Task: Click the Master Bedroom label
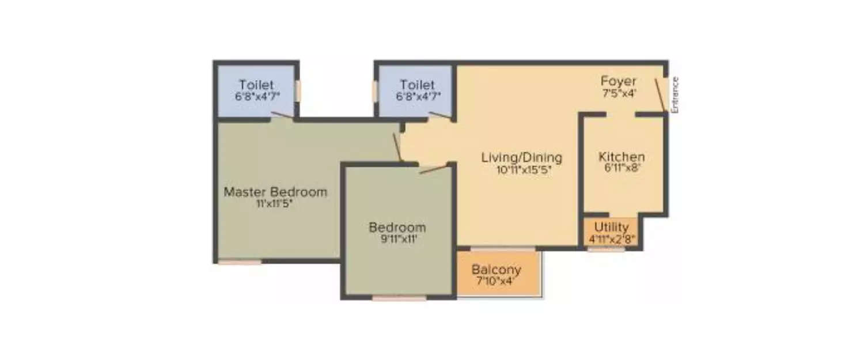pos(275,192)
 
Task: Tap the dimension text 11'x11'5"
pos(275,203)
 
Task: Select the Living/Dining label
pos(521,157)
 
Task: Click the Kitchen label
pos(622,157)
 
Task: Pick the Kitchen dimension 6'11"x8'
pos(622,168)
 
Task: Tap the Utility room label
pos(611,227)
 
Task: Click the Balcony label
pos(496,270)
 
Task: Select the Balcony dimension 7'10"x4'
pos(496,281)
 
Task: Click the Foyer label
pos(618,81)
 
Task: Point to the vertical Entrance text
pos(676,94)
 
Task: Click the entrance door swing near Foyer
pos(661,94)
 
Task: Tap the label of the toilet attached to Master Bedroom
pos(256,85)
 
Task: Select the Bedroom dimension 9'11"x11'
pos(397,239)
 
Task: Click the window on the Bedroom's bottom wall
pos(399,298)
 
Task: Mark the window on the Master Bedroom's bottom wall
pos(239,262)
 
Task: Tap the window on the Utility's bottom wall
pos(606,249)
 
